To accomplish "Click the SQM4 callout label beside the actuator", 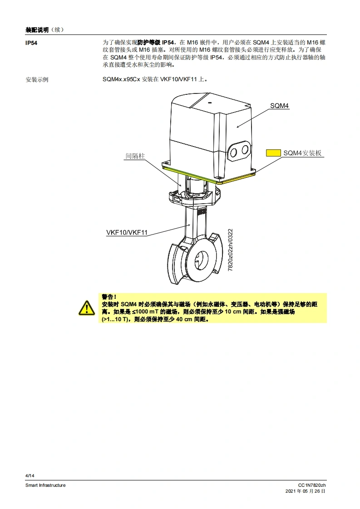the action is pyautogui.click(x=280, y=106).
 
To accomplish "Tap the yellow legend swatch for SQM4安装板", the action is pyautogui.click(x=273, y=153).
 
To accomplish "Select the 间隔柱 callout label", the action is pyautogui.click(x=135, y=156).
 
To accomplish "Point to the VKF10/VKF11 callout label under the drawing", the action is pyautogui.click(x=127, y=233).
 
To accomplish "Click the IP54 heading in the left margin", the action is pyautogui.click(x=32, y=42).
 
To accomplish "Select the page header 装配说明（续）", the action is pyautogui.click(x=44, y=30).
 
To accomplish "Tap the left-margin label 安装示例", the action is pyautogui.click(x=37, y=79).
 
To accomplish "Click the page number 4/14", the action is pyautogui.click(x=30, y=475).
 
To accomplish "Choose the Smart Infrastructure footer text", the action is pyautogui.click(x=45, y=485).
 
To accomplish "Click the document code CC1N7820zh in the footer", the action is pyautogui.click(x=312, y=485).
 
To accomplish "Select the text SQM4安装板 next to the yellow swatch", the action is pyautogui.click(x=302, y=153).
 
